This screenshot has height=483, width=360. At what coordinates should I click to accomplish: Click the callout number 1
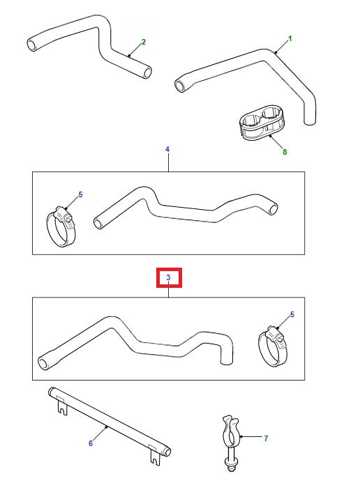click(x=290, y=38)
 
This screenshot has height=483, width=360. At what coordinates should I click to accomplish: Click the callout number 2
click(x=143, y=42)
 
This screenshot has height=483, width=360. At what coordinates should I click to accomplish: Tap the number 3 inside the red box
click(x=168, y=278)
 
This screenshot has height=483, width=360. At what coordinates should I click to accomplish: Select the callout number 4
click(x=167, y=149)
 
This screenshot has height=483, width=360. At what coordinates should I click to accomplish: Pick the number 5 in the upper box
click(x=80, y=194)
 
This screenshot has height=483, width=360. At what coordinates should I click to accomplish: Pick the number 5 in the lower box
click(x=292, y=314)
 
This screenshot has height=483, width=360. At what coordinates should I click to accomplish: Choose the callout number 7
click(x=266, y=438)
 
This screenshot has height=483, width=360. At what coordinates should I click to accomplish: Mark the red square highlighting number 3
click(x=168, y=278)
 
